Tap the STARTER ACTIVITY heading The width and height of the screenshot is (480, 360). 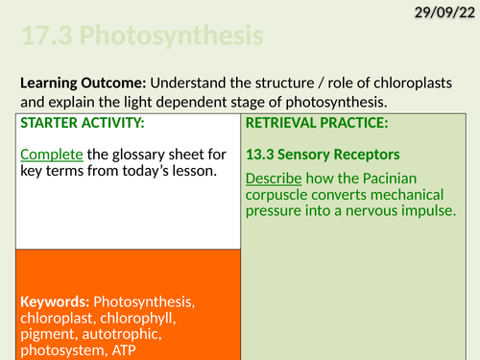pyautogui.click(x=64, y=123)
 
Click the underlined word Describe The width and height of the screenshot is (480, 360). pyautogui.click(x=275, y=179)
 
